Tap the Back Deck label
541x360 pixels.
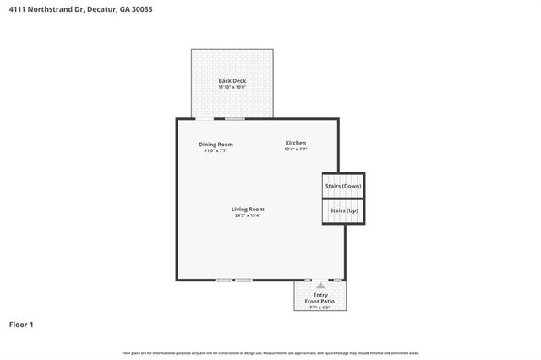(232, 81)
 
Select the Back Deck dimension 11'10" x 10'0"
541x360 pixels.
(232, 87)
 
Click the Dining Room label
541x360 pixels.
(216, 145)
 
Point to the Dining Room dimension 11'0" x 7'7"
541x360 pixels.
(216, 150)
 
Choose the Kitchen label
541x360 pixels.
(295, 143)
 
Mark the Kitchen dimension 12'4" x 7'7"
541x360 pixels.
(295, 150)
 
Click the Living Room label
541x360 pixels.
(249, 209)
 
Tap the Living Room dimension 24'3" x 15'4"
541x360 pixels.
(249, 215)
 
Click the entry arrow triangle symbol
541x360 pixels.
(320, 286)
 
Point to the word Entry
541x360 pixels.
(320, 295)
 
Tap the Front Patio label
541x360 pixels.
(320, 302)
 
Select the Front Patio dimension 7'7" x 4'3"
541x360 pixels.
(320, 308)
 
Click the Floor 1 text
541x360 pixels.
(21, 324)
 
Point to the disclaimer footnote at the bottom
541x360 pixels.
(270, 352)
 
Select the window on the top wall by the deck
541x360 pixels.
(234, 119)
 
